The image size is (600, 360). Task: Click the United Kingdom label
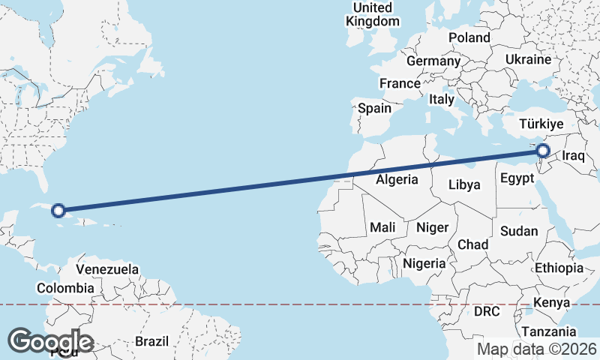[373, 14]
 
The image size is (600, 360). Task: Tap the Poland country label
[469, 37]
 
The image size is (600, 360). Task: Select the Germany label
[433, 61]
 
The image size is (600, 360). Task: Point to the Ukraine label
[528, 59]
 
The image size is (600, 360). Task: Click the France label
[400, 83]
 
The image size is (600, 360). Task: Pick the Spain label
[374, 108]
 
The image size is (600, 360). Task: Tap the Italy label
[442, 99]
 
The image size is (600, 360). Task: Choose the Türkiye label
[546, 123]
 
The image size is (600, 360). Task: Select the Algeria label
[396, 180]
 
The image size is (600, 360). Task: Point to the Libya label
[463, 184]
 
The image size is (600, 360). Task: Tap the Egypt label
[516, 179]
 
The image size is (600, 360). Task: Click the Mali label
[382, 227]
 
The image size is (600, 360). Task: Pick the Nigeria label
[424, 263]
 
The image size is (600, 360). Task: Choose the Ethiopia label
[559, 268]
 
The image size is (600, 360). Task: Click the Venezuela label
[108, 268]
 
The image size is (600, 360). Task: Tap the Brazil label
[151, 341]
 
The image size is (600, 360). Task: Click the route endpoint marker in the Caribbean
[59, 211]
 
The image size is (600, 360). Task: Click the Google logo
[51, 341]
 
